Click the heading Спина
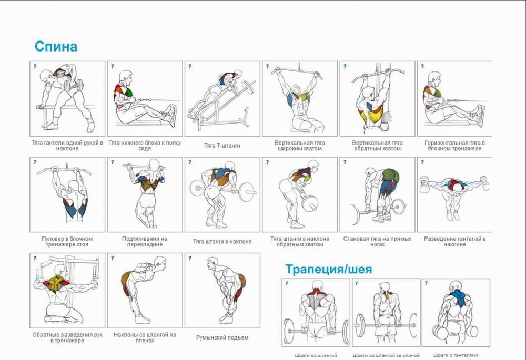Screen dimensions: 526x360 [56, 46]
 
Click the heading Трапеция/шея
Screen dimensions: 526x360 [329, 269]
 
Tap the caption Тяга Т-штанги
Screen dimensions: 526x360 [222, 146]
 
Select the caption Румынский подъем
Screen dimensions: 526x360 [222, 337]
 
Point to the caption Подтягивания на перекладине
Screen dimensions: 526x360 [145, 241]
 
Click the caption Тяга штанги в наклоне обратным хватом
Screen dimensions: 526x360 [300, 241]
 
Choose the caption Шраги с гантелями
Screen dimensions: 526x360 [456, 355]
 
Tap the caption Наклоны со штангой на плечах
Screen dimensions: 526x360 [145, 337]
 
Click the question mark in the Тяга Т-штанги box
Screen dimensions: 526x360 [190, 66]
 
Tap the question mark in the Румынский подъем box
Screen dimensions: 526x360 [190, 258]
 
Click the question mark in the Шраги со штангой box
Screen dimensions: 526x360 [287, 283]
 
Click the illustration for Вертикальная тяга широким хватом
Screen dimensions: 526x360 [297, 99]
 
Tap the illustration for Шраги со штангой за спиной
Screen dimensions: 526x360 [386, 312]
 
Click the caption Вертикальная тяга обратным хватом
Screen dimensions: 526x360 [377, 146]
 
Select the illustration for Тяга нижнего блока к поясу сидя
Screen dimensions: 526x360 [145, 98]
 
